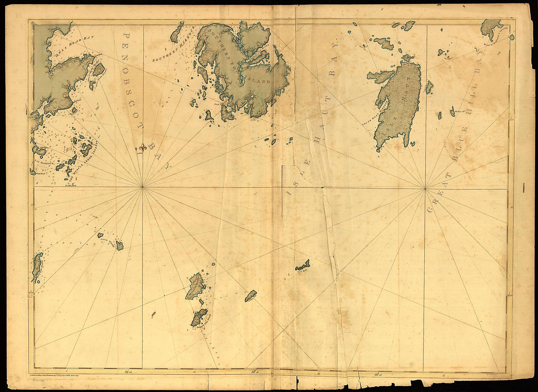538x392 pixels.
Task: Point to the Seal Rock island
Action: coord(303,264)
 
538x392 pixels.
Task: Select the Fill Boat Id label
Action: coord(460,111)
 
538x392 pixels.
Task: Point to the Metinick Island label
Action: coord(37,268)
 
